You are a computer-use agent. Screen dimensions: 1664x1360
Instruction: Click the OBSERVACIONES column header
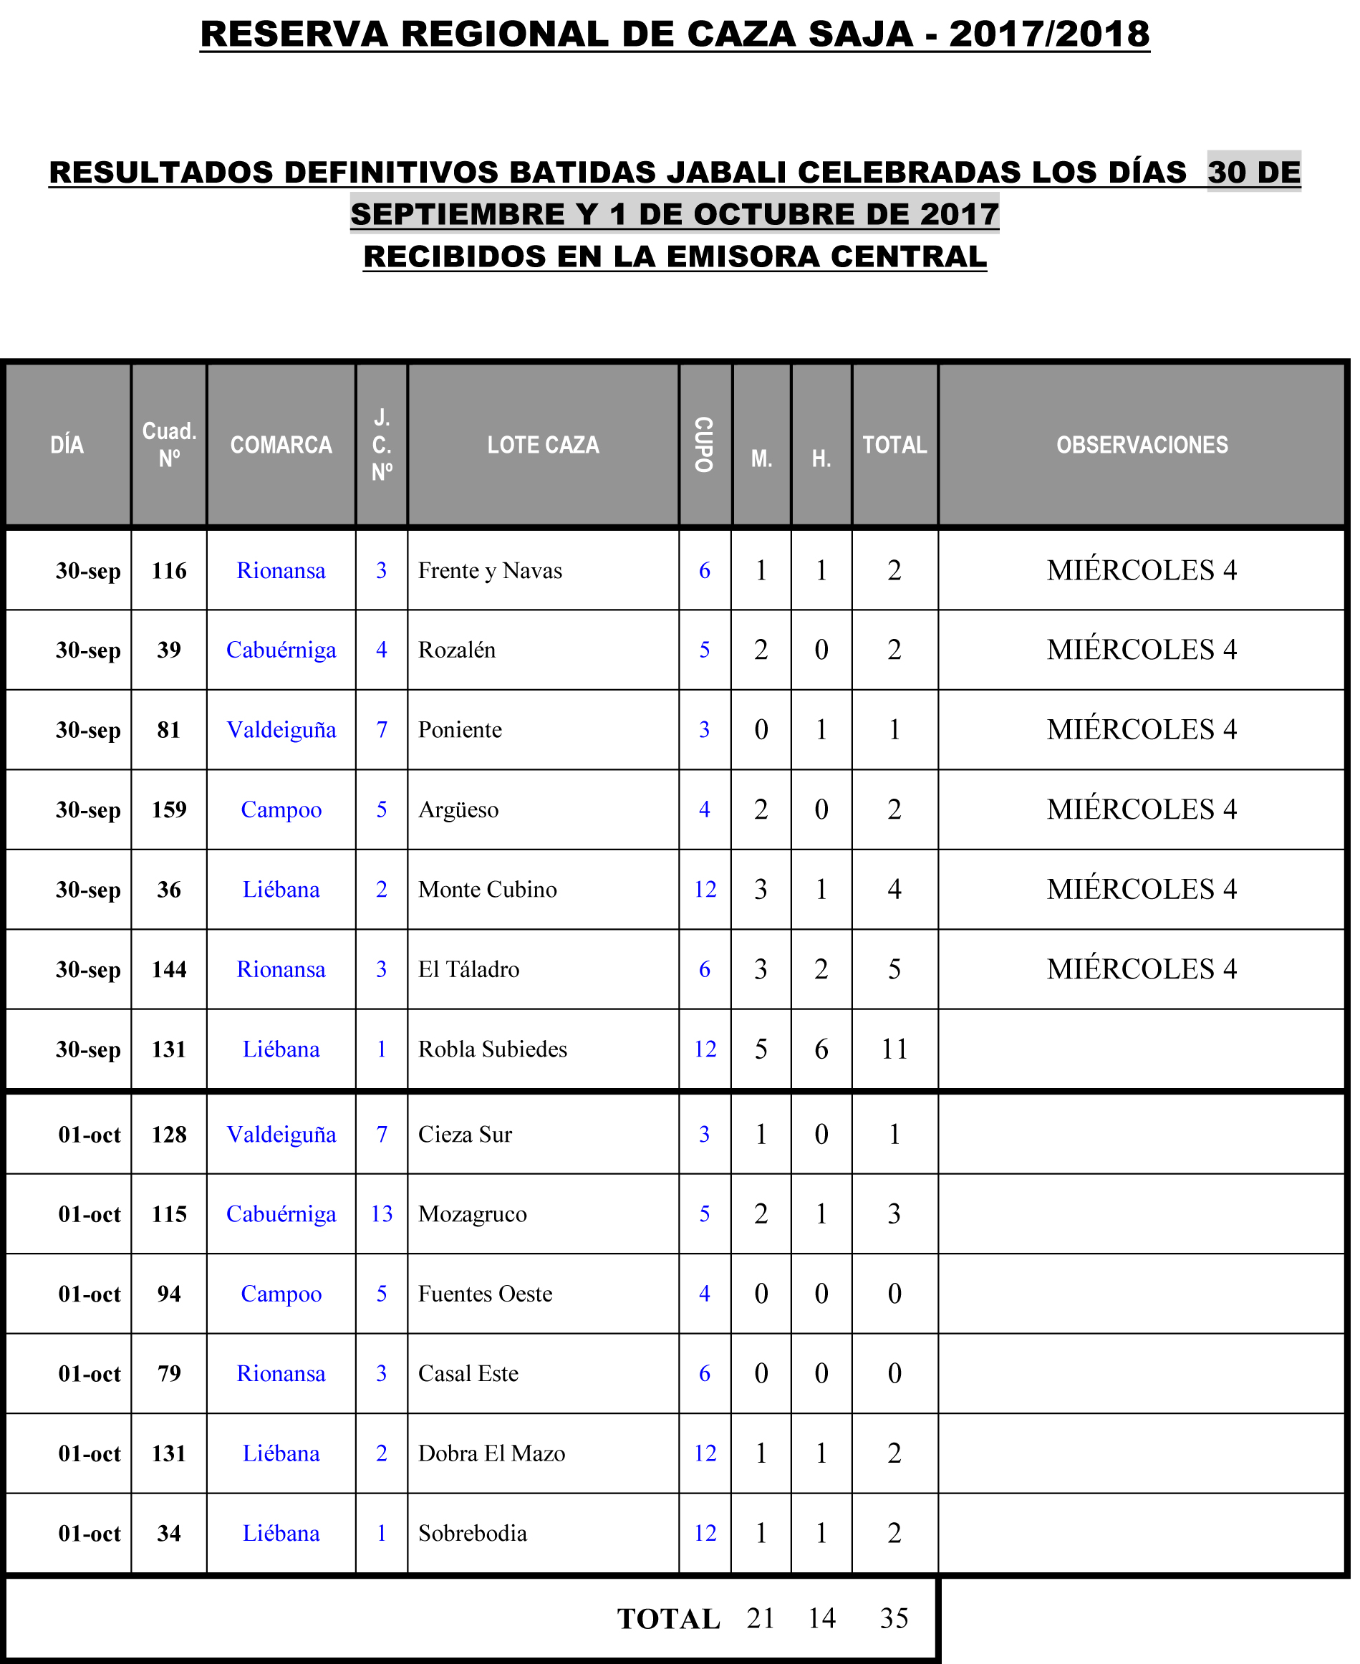point(1142,445)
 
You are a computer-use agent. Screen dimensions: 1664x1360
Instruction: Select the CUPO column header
point(704,445)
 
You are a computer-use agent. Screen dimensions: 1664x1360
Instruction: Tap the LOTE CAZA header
point(543,445)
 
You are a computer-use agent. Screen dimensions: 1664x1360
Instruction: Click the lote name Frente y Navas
point(490,570)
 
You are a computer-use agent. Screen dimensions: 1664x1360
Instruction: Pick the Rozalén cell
point(457,650)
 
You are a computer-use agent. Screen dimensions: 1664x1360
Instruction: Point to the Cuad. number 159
point(169,809)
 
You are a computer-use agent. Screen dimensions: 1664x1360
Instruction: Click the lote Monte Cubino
point(487,889)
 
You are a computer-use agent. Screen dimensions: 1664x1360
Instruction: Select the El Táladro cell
point(468,969)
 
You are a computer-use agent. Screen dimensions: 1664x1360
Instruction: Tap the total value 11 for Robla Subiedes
point(894,1049)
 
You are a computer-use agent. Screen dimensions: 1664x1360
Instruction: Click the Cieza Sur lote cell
point(465,1135)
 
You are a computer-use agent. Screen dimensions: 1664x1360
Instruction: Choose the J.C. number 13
point(382,1213)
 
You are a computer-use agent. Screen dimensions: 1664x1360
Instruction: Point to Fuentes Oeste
point(485,1294)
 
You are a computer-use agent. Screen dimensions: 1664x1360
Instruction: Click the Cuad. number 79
point(169,1373)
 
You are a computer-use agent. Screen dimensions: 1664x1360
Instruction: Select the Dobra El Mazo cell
point(491,1453)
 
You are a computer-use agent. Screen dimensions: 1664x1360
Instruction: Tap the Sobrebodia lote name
point(473,1533)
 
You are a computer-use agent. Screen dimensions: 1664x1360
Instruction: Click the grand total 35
point(894,1619)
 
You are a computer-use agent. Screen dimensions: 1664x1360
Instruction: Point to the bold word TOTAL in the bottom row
point(668,1620)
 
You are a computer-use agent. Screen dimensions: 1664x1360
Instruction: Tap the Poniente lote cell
point(460,729)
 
